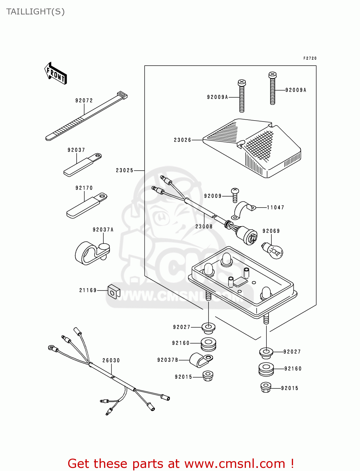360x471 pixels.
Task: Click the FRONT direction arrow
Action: [x=56, y=73]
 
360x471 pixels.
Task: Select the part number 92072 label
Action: [x=84, y=100]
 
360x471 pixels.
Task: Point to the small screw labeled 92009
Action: [x=235, y=195]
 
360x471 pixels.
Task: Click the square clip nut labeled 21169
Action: [x=113, y=291]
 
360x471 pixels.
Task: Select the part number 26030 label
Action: [x=111, y=360]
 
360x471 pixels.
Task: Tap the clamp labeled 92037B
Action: [x=201, y=360]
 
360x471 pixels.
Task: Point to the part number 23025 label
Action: [x=125, y=171]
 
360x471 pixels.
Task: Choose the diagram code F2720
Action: [x=310, y=58]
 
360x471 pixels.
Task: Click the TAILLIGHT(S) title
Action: [x=35, y=12]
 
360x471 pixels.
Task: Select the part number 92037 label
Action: [x=76, y=150]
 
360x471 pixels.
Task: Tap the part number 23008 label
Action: [x=204, y=226]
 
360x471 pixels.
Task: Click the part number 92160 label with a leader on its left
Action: [x=293, y=369]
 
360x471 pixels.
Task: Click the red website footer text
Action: [x=181, y=463]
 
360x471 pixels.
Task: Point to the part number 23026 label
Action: [x=183, y=140]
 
